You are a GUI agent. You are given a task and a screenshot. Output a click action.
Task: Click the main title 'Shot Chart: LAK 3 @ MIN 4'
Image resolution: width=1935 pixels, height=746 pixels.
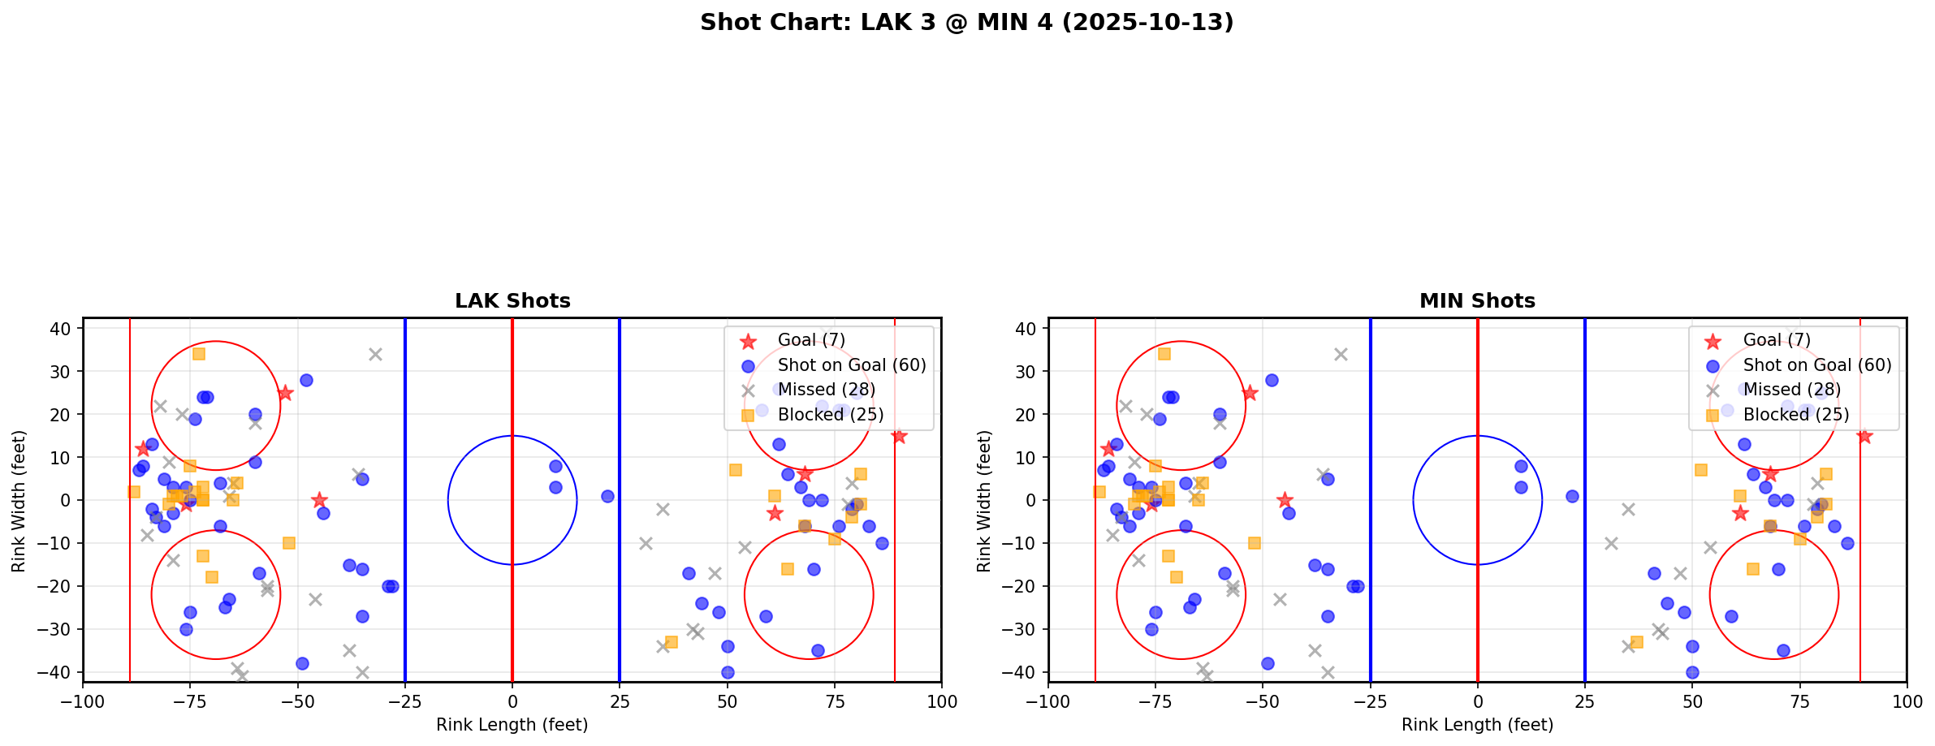[x=966, y=23]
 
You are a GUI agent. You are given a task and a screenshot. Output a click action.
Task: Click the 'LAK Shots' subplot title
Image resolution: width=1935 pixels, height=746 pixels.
[x=512, y=301]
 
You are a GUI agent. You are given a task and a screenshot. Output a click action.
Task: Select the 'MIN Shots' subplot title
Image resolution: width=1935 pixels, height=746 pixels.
[x=1477, y=301]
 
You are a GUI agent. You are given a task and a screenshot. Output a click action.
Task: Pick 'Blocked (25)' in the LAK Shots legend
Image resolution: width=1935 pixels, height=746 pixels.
[x=830, y=415]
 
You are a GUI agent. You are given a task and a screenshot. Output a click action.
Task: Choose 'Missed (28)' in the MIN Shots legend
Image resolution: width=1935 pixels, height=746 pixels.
[x=1792, y=390]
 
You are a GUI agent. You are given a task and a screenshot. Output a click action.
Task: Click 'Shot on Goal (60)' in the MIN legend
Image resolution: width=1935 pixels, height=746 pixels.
[x=1817, y=365]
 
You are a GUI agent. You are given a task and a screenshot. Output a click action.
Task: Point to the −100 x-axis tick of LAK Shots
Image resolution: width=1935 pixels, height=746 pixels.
[x=84, y=701]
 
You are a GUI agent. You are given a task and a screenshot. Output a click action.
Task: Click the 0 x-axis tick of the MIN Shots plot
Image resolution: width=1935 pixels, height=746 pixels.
[x=1478, y=701]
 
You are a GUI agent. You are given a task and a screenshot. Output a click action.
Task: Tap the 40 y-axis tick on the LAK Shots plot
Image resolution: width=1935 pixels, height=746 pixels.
[x=65, y=328]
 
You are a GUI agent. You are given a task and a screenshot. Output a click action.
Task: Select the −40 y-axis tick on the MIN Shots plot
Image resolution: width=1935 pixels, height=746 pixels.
[x=1026, y=672]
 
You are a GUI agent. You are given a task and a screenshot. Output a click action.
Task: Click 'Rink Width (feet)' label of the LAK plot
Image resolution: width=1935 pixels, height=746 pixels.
[x=19, y=500]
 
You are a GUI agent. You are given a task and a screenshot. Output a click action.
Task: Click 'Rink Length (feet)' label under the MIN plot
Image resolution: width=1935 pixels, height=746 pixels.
[x=1477, y=725]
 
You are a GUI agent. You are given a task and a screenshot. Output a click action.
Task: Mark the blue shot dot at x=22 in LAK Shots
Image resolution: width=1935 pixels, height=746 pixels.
[x=607, y=496]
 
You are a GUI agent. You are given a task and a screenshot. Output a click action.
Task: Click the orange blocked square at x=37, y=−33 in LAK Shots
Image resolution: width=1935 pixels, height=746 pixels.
[x=672, y=642]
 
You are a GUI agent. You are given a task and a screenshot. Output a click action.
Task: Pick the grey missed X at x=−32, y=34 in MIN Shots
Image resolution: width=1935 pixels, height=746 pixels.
[x=1341, y=354]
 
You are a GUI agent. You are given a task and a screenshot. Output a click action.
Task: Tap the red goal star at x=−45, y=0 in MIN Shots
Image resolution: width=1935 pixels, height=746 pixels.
[x=1285, y=500]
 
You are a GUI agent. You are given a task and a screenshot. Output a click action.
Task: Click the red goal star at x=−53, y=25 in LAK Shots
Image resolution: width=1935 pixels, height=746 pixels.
[x=285, y=393]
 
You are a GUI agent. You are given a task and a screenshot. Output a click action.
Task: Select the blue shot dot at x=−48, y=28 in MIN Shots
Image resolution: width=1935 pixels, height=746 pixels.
[x=1272, y=380]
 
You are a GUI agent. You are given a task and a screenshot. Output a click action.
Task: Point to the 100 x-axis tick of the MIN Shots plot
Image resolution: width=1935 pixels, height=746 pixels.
[x=1907, y=701]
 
